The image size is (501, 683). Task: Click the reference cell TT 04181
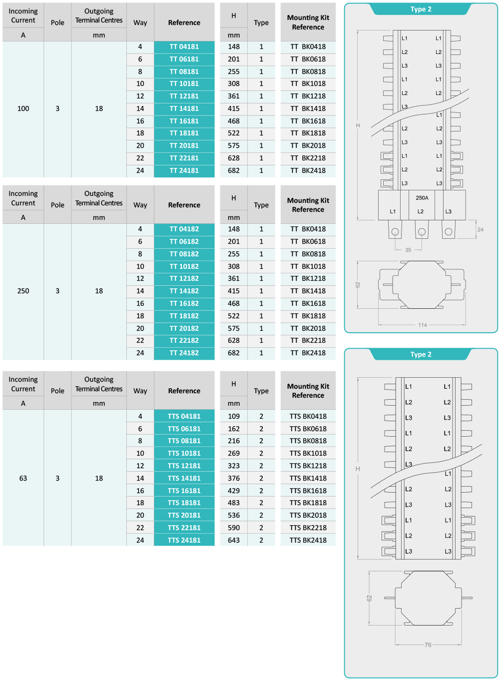184,47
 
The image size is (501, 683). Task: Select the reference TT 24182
184,353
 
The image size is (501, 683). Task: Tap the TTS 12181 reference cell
184,466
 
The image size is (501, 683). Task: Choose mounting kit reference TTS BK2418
308,540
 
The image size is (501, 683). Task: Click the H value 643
234,540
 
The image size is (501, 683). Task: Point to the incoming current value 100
23,109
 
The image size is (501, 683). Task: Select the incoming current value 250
23,291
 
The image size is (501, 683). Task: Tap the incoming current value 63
23,479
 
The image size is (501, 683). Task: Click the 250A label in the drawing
422,198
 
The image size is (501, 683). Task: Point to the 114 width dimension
423,325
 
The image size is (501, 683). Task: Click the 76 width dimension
428,645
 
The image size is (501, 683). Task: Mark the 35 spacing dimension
408,250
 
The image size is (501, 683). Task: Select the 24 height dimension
481,230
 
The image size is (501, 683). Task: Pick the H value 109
234,416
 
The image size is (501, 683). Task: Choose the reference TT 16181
184,121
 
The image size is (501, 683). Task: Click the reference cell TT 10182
184,267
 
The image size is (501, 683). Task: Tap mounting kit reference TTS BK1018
308,454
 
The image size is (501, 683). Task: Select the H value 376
234,478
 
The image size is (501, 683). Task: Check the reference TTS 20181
184,516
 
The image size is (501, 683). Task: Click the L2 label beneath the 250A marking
421,211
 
